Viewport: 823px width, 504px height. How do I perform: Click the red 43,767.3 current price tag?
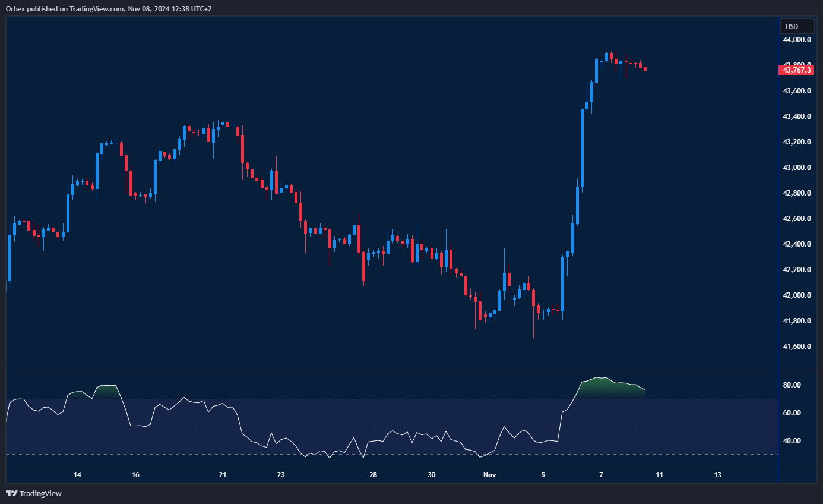796,70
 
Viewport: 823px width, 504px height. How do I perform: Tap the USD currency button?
792,26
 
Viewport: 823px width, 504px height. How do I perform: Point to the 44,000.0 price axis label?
797,40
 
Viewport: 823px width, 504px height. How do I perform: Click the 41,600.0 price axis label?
797,346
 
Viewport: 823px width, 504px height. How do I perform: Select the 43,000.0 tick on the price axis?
797,168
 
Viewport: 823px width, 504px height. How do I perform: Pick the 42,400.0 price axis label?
797,244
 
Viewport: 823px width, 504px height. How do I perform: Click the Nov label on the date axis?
489,475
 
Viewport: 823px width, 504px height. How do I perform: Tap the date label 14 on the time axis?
77,475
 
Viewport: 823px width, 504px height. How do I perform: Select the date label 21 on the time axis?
223,475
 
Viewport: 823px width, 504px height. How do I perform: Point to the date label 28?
373,475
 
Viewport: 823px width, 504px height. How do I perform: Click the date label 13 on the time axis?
717,475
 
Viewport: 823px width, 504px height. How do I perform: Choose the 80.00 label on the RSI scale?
792,385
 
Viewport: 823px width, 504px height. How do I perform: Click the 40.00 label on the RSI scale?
792,441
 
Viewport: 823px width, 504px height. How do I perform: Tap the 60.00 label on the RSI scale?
792,413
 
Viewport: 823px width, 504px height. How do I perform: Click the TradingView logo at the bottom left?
34,493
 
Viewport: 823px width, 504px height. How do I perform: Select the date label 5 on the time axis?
543,475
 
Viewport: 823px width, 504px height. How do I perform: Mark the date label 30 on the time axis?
432,475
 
